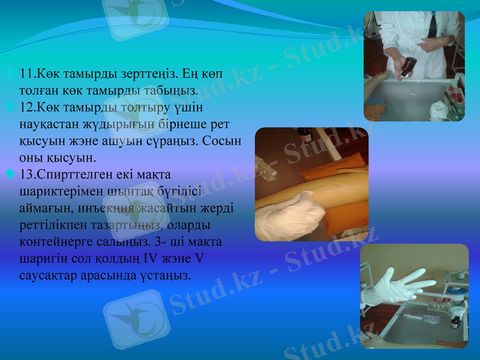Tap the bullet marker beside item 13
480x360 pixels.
point(9,175)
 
